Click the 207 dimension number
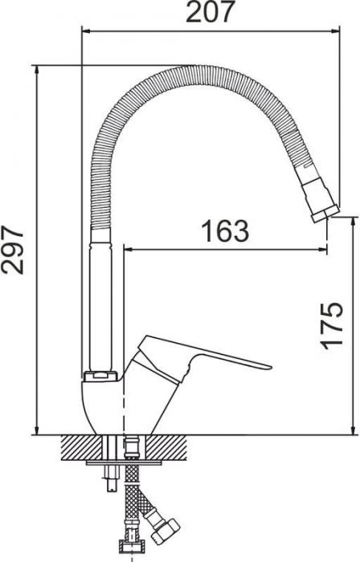[x=210, y=12]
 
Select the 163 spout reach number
[x=225, y=231]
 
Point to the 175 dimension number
[x=331, y=326]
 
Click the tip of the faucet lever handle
[x=270, y=367]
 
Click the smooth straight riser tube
[x=100, y=300]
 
